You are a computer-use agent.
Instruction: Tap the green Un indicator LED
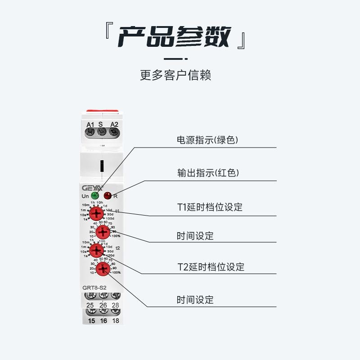pyautogui.click(x=95, y=195)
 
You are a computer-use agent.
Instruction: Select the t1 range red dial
pyautogui.click(x=95, y=213)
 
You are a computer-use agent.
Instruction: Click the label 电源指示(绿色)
pyautogui.click(x=207, y=140)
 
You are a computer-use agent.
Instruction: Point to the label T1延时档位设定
pyautogui.click(x=210, y=207)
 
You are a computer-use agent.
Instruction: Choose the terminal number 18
pyautogui.click(x=115, y=320)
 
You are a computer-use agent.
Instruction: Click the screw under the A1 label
pyautogui.click(x=90, y=132)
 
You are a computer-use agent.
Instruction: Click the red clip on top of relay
pyautogui.click(x=102, y=111)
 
